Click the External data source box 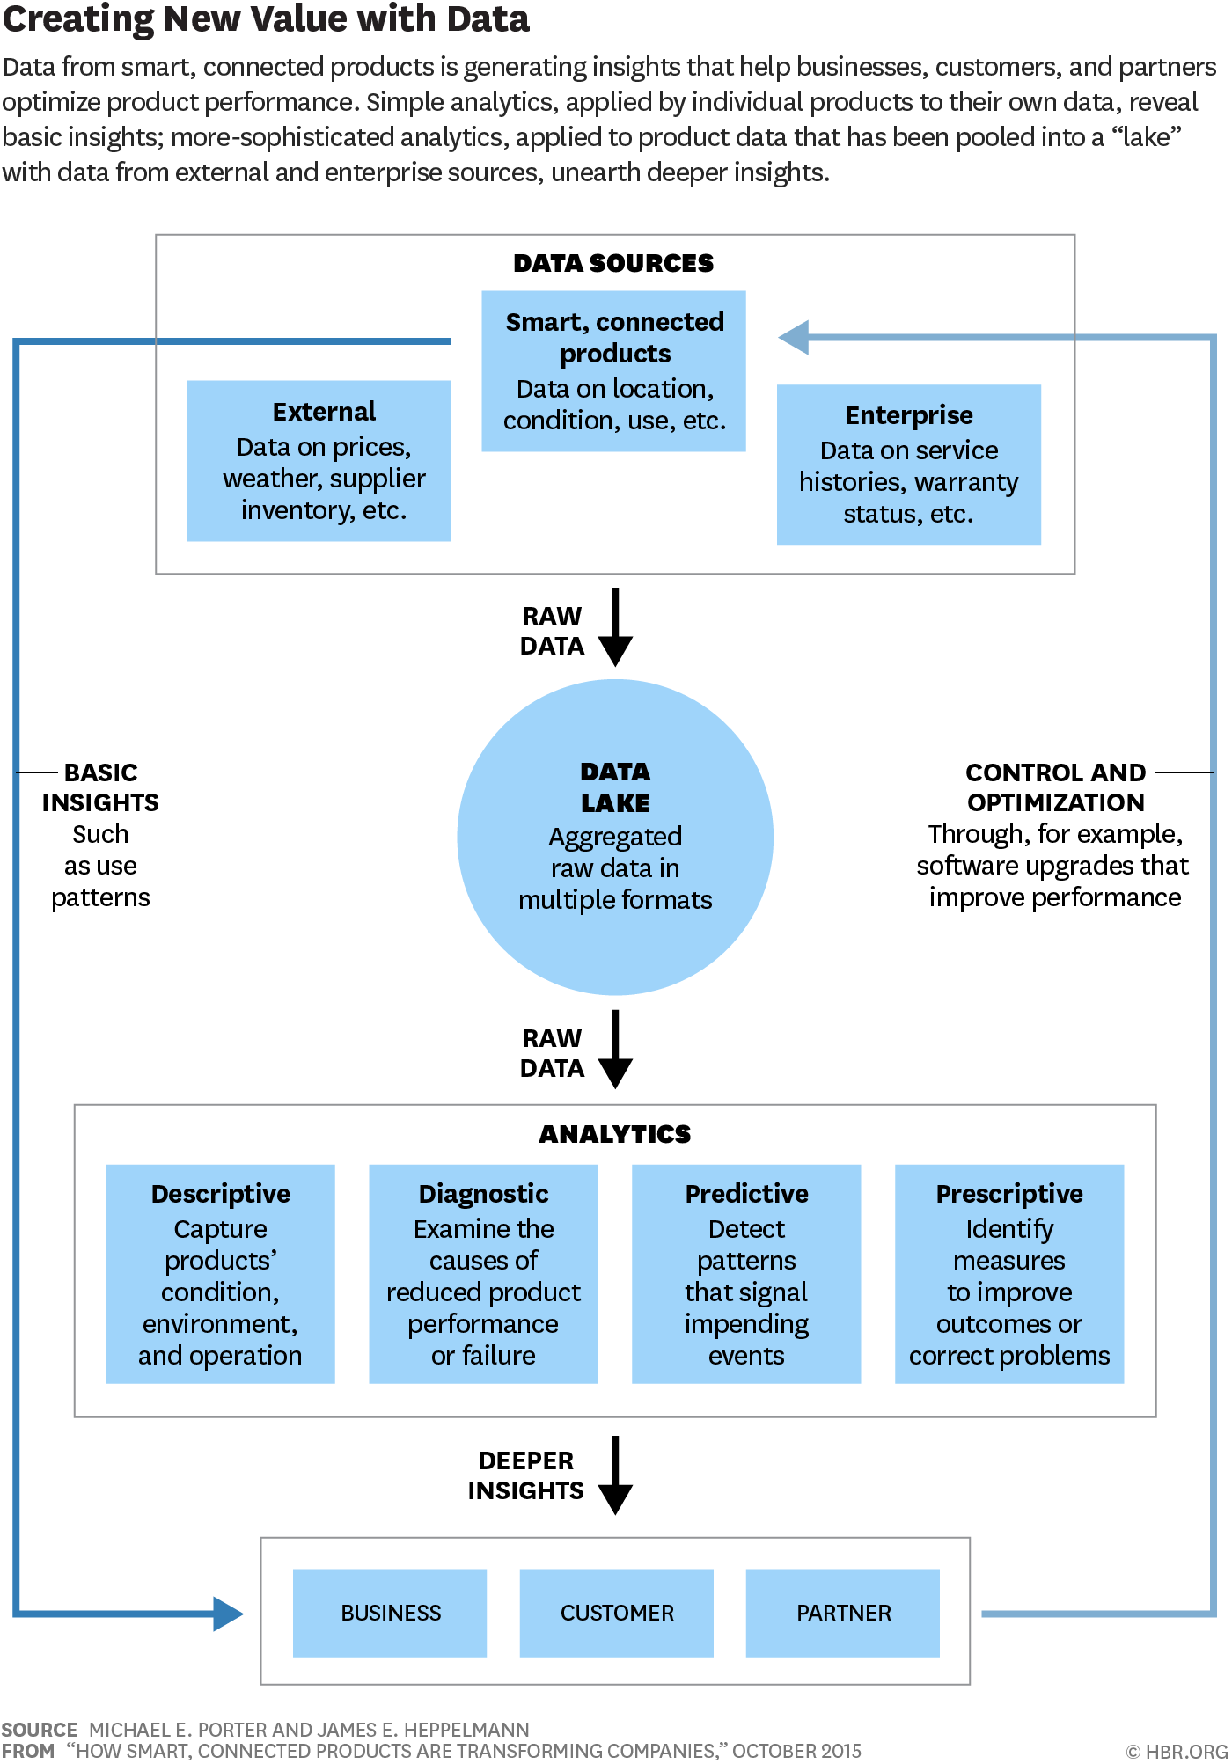click(319, 460)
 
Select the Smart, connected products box click(613, 370)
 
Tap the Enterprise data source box click(909, 465)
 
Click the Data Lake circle click(615, 837)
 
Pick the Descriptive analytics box click(220, 1274)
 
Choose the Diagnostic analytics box click(483, 1274)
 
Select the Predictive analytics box click(746, 1274)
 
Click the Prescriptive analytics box click(1009, 1274)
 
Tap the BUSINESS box click(390, 1613)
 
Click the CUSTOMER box click(617, 1613)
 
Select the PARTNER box click(843, 1613)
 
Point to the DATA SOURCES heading click(613, 263)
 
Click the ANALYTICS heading click(615, 1134)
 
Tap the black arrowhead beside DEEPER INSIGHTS click(615, 1499)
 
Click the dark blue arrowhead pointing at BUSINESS click(228, 1614)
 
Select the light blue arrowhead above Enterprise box click(793, 337)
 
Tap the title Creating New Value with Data click(266, 18)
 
